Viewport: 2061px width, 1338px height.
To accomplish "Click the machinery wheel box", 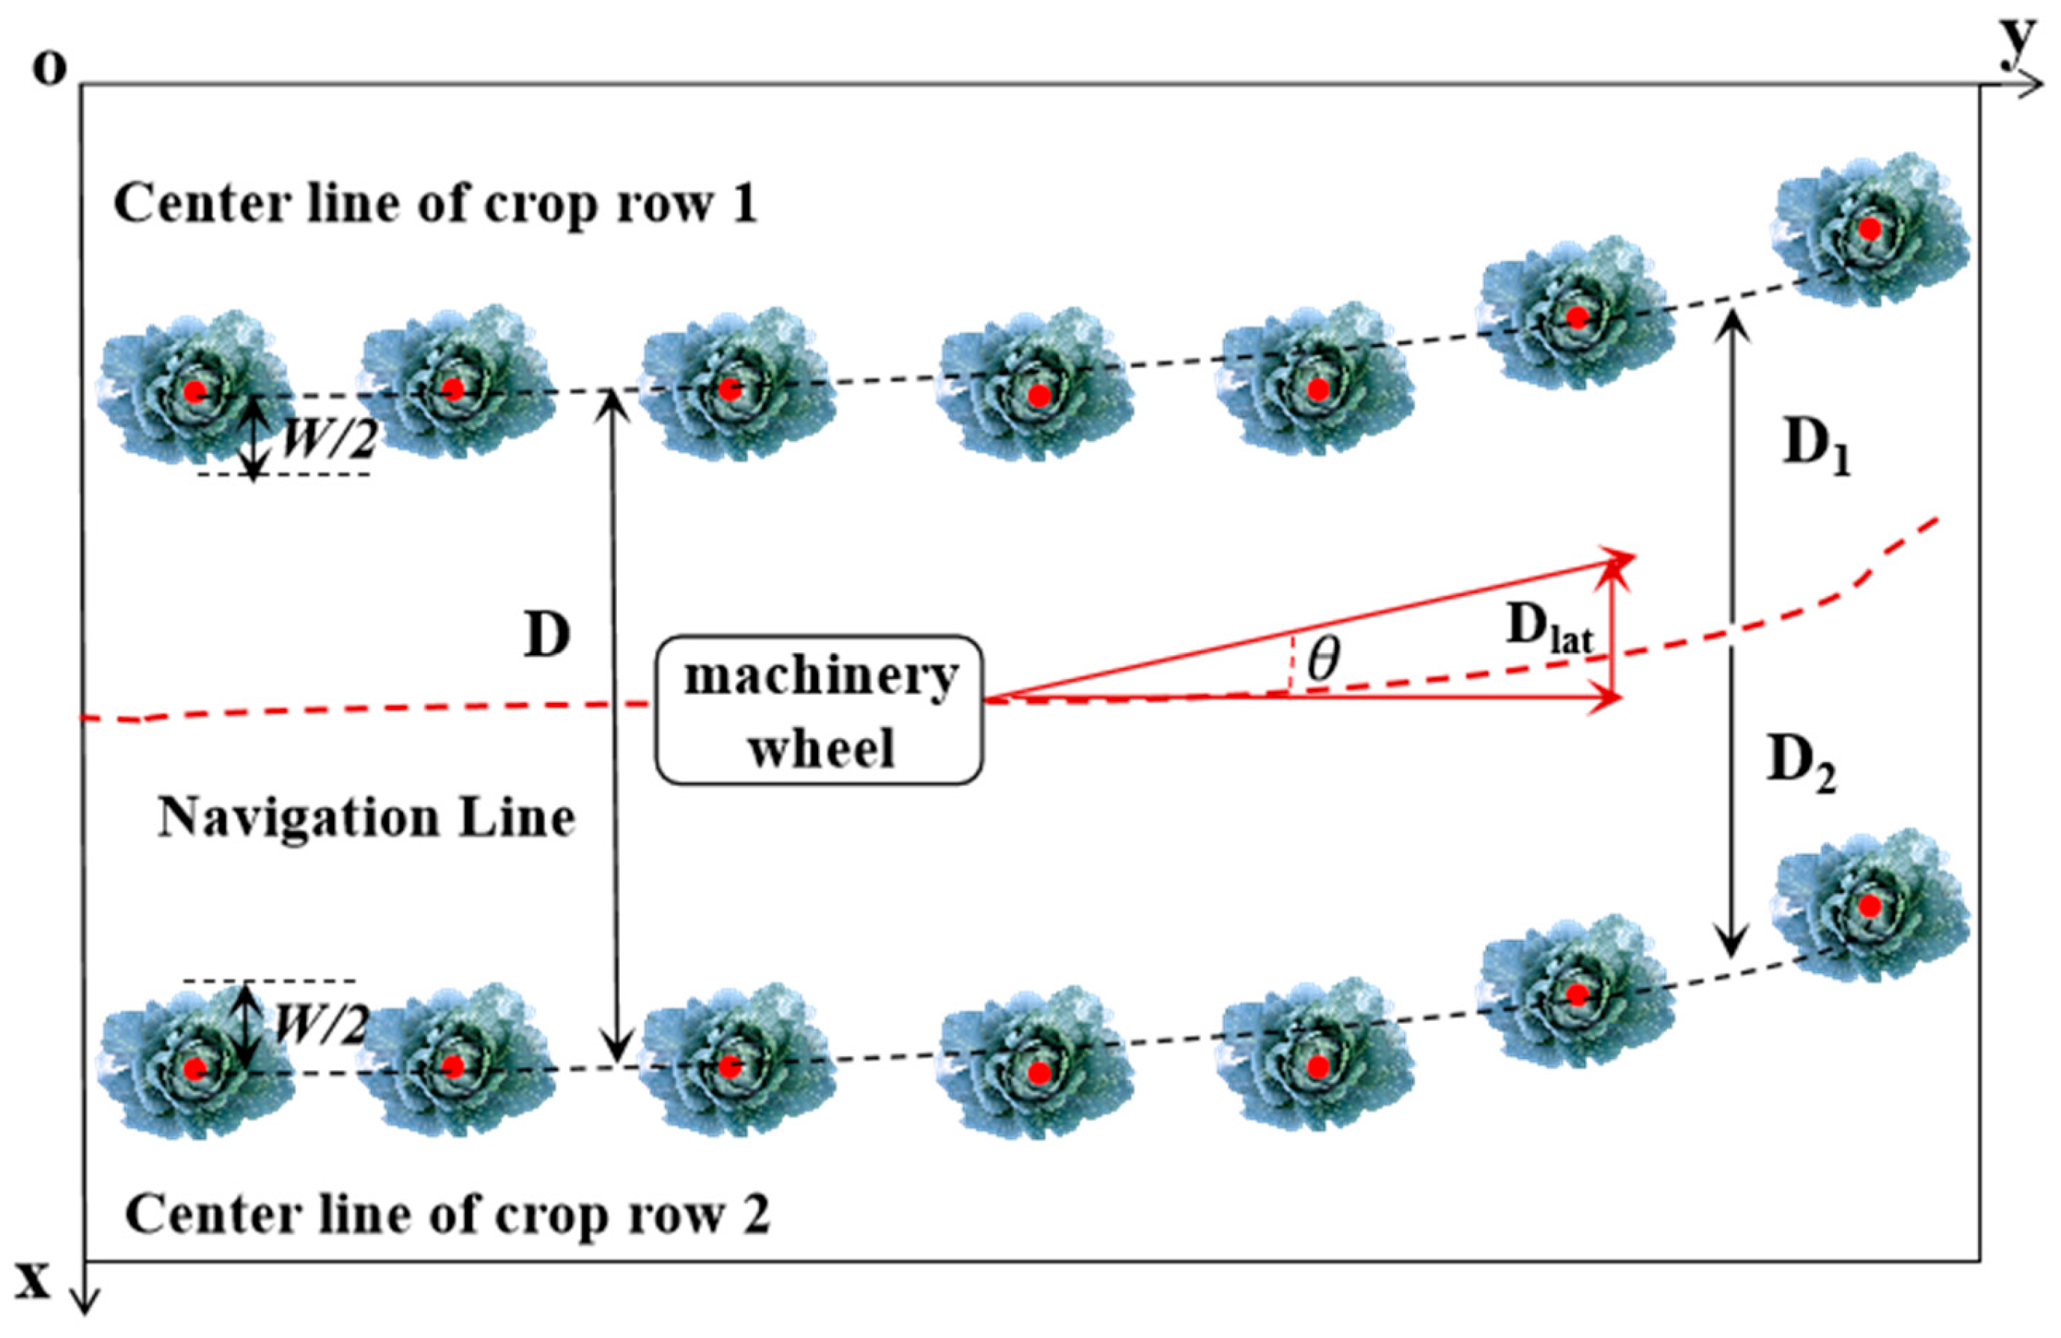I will [x=818, y=711].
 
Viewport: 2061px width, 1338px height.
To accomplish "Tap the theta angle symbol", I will [x=1323, y=660].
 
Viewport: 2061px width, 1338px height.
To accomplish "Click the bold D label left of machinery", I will [x=547, y=636].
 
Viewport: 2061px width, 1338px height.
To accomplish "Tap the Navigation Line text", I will [x=366, y=817].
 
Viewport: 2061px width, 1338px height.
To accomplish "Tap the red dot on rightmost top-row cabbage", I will [x=1870, y=230].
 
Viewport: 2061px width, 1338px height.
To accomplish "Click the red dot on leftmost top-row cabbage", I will [x=195, y=391].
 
